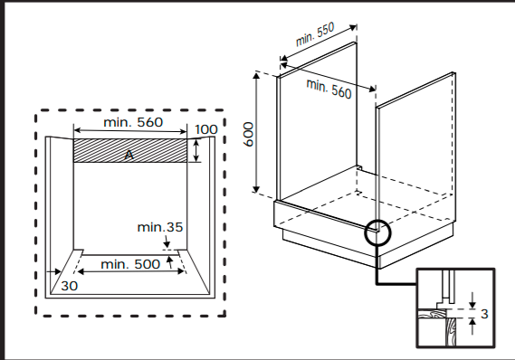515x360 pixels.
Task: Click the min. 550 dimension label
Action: click(315, 33)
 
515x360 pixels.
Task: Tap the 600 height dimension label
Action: click(249, 134)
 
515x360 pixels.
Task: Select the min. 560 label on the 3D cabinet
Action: click(329, 89)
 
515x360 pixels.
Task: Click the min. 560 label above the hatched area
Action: click(133, 122)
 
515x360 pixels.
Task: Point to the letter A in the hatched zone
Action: click(129, 155)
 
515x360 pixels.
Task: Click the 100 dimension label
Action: click(206, 129)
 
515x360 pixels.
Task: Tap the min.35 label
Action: click(159, 227)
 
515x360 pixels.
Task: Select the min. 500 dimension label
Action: click(130, 264)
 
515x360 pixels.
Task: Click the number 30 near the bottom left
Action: click(70, 286)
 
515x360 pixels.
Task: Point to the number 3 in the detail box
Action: click(484, 314)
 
